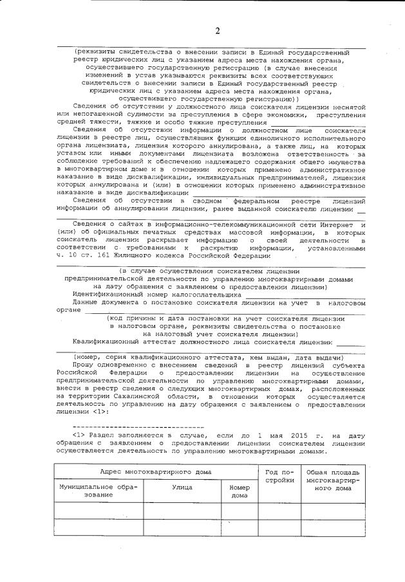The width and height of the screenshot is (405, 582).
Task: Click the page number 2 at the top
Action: coord(217,31)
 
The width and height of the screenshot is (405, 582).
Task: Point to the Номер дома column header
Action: coord(239,491)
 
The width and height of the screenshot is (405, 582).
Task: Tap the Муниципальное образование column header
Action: coord(99,491)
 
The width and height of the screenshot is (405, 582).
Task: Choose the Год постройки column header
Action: coord(280,476)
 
